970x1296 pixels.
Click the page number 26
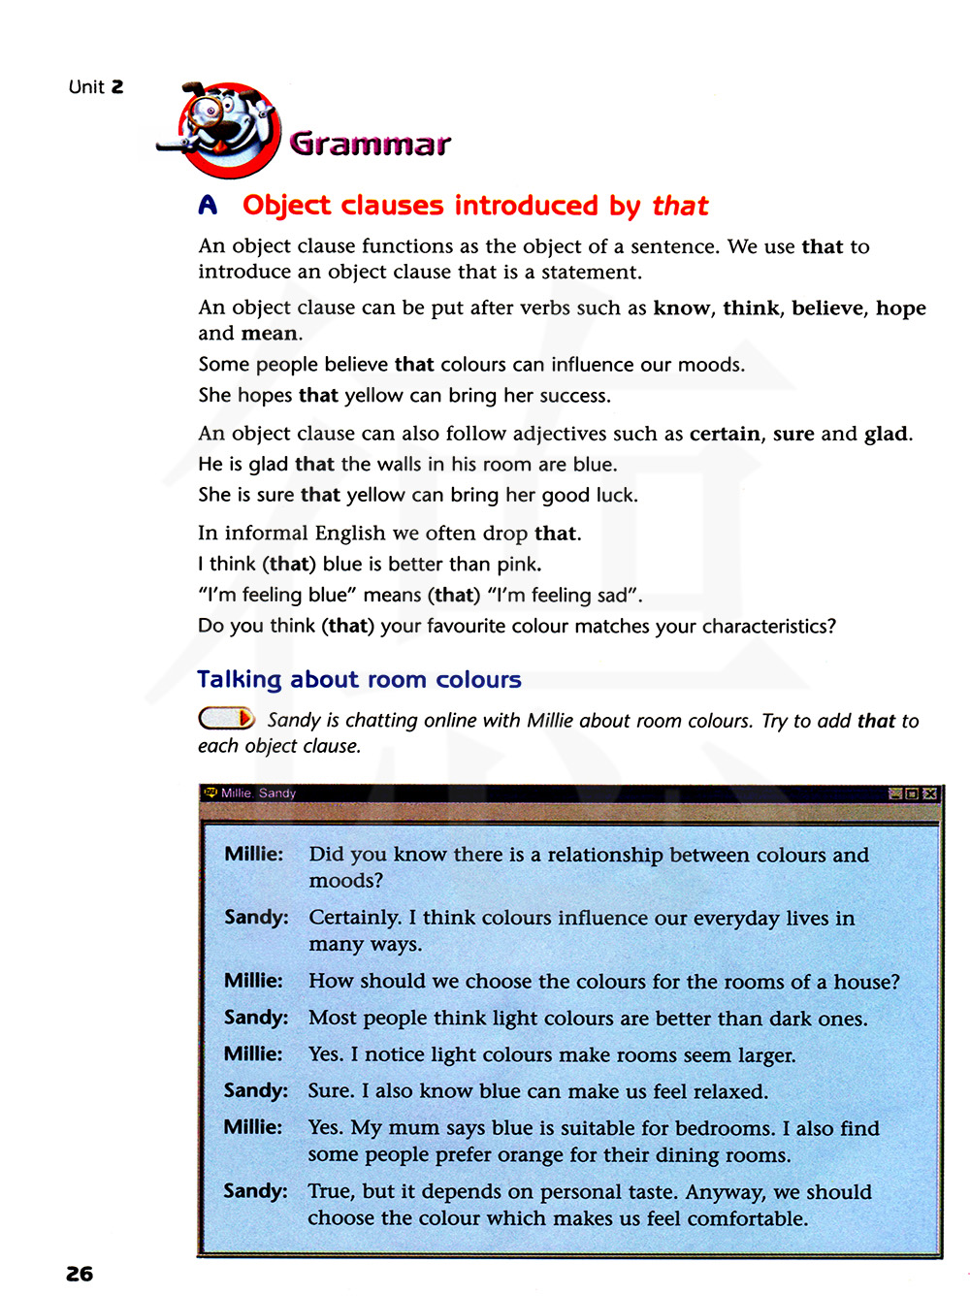point(80,1274)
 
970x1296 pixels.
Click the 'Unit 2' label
point(96,87)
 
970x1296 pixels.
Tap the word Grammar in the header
point(370,145)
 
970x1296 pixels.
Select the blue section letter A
point(208,206)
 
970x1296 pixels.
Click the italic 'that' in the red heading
point(680,206)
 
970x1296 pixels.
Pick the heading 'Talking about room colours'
point(359,680)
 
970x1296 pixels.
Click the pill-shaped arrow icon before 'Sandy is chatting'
point(227,719)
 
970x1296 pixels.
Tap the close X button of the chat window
point(930,794)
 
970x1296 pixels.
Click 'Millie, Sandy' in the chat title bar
point(258,794)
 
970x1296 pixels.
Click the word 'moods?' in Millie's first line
point(345,881)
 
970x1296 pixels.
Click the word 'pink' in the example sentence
point(518,565)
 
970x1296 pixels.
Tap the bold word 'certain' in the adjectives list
point(725,434)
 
